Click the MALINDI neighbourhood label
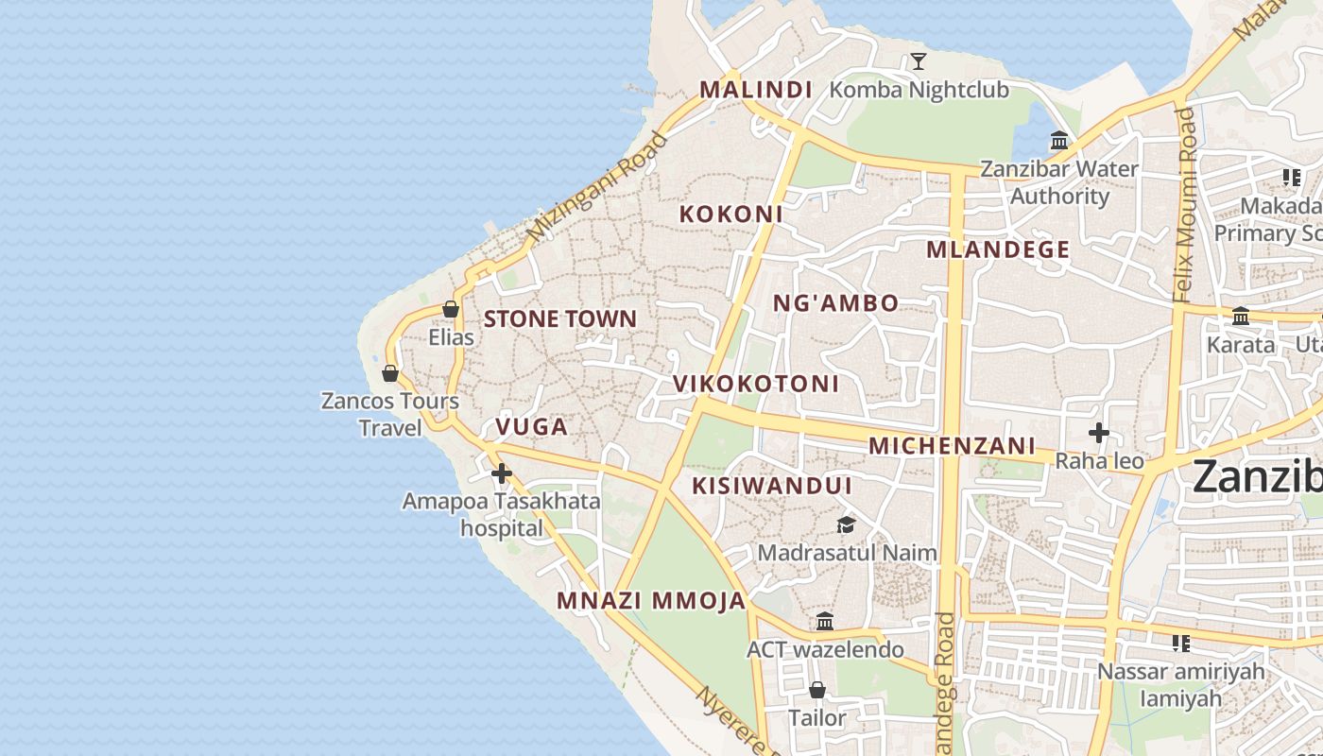[755, 90]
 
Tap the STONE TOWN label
[560, 319]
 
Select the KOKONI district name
[730, 215]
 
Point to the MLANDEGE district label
[998, 250]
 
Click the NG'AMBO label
[836, 303]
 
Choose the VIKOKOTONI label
[756, 384]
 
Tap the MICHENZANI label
[952, 446]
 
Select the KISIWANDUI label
[772, 486]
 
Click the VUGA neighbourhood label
[532, 427]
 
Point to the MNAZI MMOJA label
[651, 601]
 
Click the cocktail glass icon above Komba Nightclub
[918, 62]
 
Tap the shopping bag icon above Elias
[451, 309]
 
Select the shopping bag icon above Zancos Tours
[390, 373]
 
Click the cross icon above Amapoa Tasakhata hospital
[502, 473]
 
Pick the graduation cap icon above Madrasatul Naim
[846, 524]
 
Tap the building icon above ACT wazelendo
[825, 621]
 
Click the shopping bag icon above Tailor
[817, 690]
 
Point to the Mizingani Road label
[597, 187]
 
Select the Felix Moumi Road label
[1185, 204]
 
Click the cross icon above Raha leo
[1098, 434]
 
